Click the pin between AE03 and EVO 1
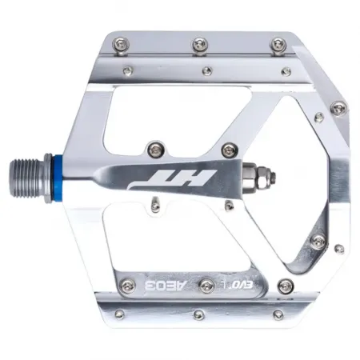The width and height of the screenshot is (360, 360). [208, 286]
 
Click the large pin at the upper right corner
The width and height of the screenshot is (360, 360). [338, 106]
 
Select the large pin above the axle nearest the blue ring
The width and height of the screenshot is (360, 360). [154, 147]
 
